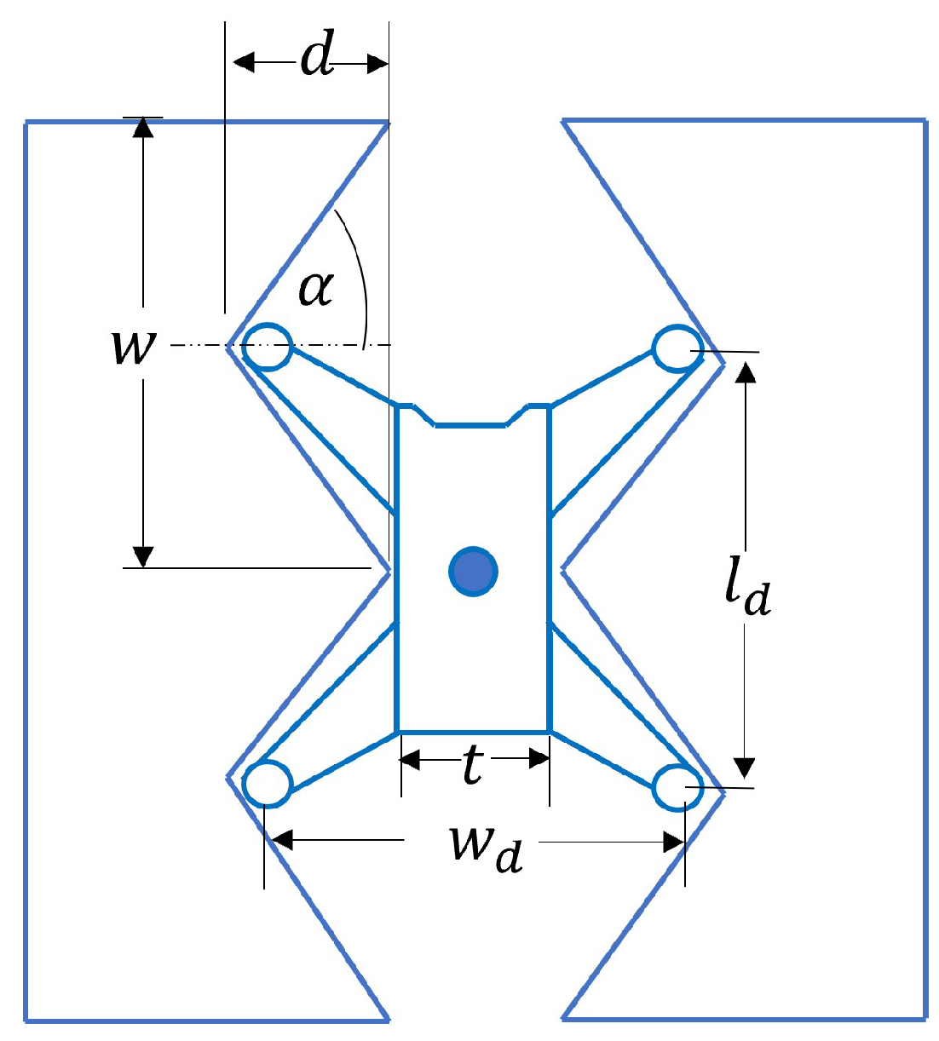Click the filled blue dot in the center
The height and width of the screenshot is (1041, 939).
tap(473, 571)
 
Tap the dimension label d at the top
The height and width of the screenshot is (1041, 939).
tap(317, 59)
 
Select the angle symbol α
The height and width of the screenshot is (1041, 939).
tap(316, 288)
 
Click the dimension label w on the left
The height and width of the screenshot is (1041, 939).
tap(134, 346)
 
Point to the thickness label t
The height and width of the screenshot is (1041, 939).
tap(473, 764)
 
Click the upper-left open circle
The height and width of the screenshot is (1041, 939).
tap(268, 347)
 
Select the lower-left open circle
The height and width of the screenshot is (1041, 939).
tap(267, 784)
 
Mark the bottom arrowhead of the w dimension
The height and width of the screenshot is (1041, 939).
tap(143, 556)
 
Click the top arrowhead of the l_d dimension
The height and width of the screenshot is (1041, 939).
tap(746, 373)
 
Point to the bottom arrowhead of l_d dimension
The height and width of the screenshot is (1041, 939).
tap(746, 768)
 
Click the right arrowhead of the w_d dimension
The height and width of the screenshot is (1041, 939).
tap(673, 843)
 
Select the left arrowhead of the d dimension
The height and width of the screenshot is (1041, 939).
tap(244, 62)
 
